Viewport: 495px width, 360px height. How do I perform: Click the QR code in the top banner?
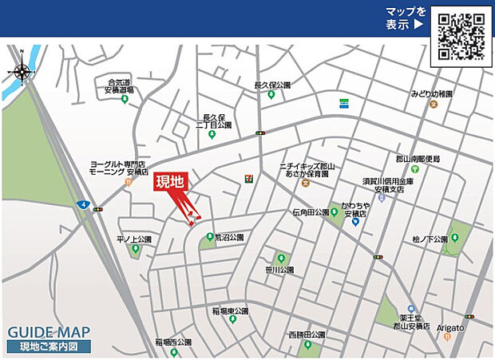coord(461,36)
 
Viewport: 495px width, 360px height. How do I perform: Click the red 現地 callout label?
coord(169,182)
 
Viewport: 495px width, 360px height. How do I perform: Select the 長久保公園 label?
coord(272,85)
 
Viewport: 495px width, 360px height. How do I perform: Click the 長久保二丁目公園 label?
coord(214,121)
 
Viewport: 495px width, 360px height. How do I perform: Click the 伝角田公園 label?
coord(311,212)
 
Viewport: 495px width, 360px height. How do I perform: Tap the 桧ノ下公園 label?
coord(430,238)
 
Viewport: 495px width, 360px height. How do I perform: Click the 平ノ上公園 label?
coord(134,239)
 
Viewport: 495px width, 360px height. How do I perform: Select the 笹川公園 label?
coord(280,270)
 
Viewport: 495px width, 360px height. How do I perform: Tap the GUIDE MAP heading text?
coord(49,332)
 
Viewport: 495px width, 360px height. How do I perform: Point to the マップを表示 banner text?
coord(406,18)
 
